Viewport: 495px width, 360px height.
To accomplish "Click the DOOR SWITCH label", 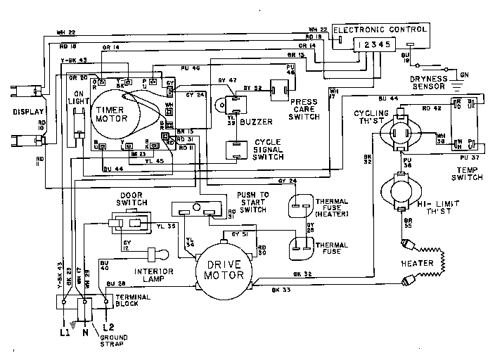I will (132, 198).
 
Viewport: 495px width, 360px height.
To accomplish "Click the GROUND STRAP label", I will (111, 342).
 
